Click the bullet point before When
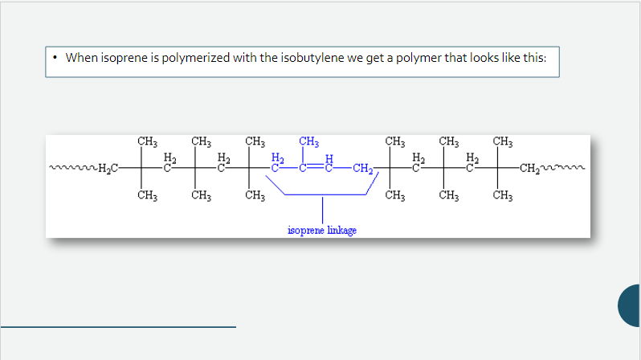tap(55, 57)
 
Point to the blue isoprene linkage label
tap(322, 231)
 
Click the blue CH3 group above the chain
tap(308, 141)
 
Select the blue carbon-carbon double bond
tap(316, 167)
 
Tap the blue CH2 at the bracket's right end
tap(363, 169)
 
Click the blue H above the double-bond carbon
tap(329, 158)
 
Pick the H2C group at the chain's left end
tap(108, 168)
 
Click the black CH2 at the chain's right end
tap(530, 169)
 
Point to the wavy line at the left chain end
tap(74, 167)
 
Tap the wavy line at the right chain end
tap(562, 167)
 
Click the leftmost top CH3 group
tap(147, 141)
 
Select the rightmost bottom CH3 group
tap(502, 195)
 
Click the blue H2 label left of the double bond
tap(278, 158)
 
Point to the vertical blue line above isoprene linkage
tap(323, 211)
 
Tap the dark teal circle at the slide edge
tap(629, 305)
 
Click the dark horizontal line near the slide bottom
tap(118, 327)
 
